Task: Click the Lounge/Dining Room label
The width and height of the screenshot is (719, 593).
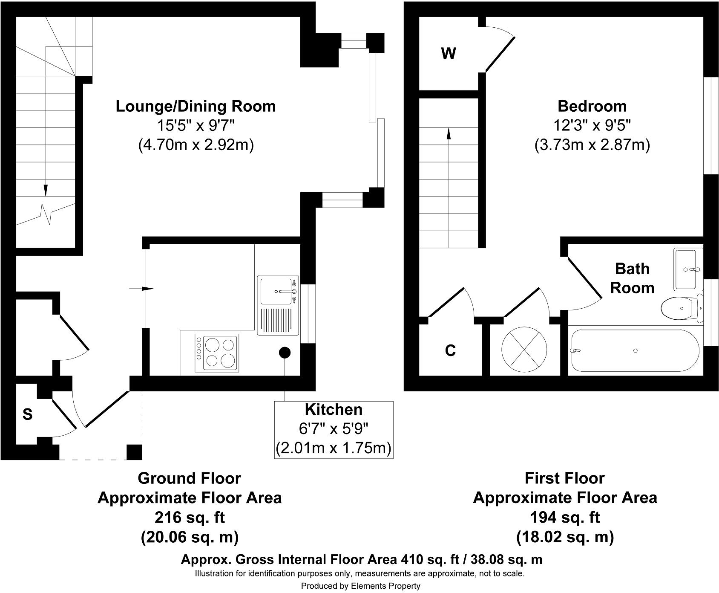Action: pyautogui.click(x=196, y=106)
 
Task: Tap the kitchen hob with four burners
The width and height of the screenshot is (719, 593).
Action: pyautogui.click(x=217, y=352)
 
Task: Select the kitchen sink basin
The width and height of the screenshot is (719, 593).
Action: pyautogui.click(x=276, y=291)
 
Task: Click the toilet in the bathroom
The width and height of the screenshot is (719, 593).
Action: pyautogui.click(x=680, y=308)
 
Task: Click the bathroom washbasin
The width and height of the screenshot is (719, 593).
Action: pyautogui.click(x=686, y=269)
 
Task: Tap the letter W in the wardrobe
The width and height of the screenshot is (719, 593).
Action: pyautogui.click(x=449, y=54)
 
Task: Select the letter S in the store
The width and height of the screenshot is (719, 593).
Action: pyautogui.click(x=27, y=414)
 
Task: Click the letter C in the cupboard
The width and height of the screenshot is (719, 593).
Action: pyautogui.click(x=450, y=350)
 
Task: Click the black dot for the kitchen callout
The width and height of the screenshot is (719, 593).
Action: pyautogui.click(x=285, y=352)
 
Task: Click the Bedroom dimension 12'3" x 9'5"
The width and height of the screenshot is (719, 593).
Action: pyautogui.click(x=592, y=126)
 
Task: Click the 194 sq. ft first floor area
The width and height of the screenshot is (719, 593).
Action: pyautogui.click(x=565, y=518)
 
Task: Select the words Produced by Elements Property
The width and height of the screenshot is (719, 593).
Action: pyautogui.click(x=360, y=586)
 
